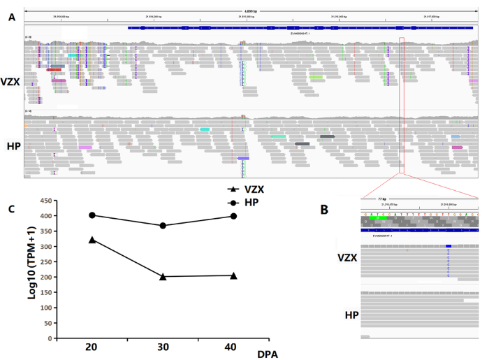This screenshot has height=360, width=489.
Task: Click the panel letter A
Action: (x=10, y=16)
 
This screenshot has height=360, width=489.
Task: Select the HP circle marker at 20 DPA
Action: (x=91, y=215)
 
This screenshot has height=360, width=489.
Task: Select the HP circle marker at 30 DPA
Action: (x=163, y=226)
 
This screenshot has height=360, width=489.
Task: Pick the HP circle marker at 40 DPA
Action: (x=233, y=216)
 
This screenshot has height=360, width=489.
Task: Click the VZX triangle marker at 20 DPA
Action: (x=91, y=240)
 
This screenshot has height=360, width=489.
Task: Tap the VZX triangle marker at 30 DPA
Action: (x=163, y=277)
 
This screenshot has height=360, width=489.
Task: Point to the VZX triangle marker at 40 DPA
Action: (x=233, y=275)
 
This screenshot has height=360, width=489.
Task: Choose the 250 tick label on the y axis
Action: (x=45, y=262)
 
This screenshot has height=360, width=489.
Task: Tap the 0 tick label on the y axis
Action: (x=51, y=339)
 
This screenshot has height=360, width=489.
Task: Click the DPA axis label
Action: (x=266, y=353)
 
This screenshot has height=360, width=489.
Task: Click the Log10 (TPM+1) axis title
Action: (x=32, y=264)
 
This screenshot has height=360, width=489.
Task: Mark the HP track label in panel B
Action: (x=351, y=315)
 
